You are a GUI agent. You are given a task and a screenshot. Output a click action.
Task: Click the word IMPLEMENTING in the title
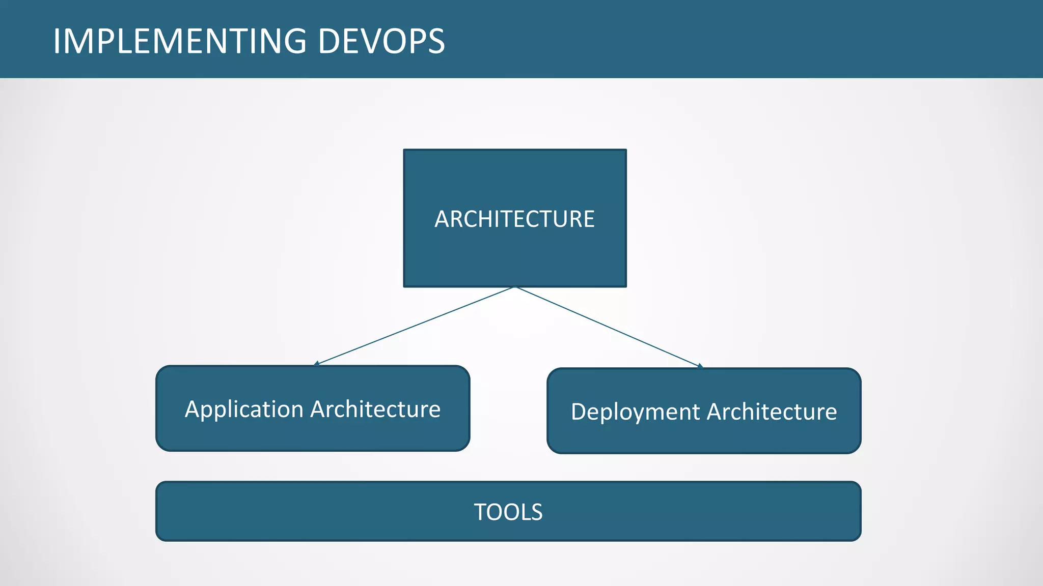coord(180,41)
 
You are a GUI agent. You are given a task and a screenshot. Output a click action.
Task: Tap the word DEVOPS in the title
coord(381,41)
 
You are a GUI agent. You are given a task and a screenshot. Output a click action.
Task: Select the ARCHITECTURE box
coord(515,249)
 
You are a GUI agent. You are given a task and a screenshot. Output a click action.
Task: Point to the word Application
coord(244,410)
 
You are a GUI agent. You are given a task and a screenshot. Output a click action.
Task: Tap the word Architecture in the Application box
coord(375,409)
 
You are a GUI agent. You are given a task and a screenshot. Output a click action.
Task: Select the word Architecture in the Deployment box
coord(772,412)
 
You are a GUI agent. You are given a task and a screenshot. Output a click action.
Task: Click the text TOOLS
coord(508,512)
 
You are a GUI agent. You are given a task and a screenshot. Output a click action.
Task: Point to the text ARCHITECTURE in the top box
coord(514,219)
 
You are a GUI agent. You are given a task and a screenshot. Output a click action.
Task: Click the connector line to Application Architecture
coord(415,326)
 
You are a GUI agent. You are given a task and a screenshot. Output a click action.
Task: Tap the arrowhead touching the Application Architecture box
coord(317,364)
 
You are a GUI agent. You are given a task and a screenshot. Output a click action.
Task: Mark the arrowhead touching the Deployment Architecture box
coord(700,366)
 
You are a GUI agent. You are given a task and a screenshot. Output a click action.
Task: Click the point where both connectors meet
coord(515,287)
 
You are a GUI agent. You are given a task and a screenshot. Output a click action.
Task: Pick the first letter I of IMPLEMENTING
coord(57,41)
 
